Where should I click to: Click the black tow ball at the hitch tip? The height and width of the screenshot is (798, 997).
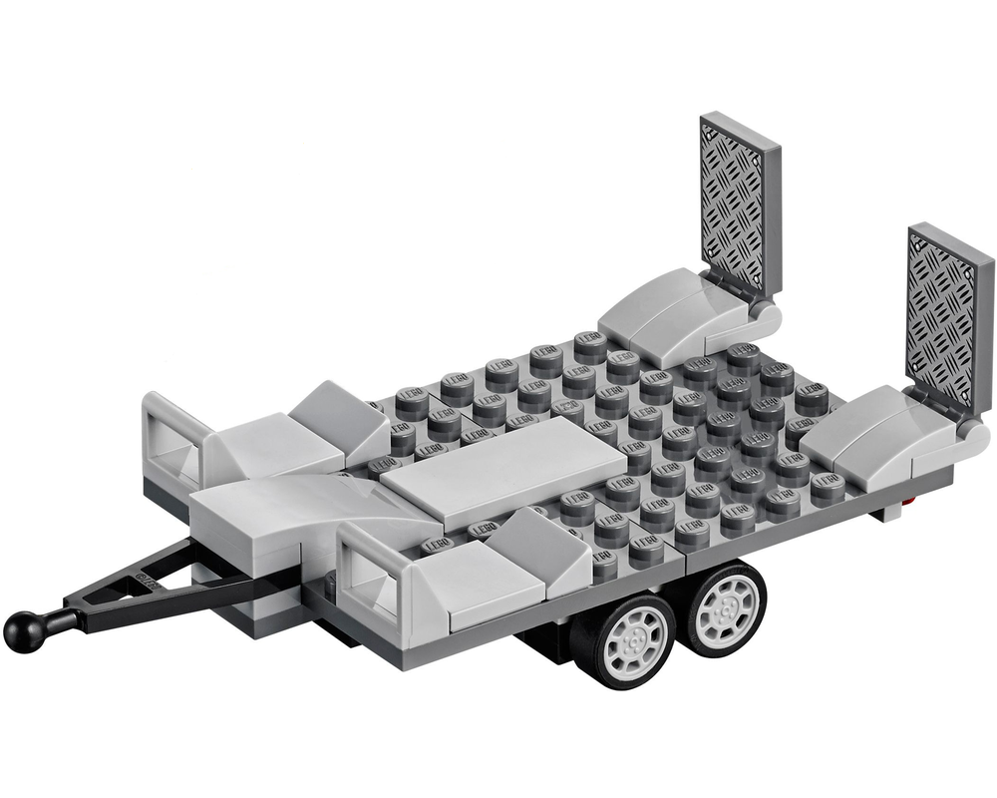click(21, 629)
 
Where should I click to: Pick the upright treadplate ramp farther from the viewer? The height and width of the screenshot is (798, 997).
click(740, 203)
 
